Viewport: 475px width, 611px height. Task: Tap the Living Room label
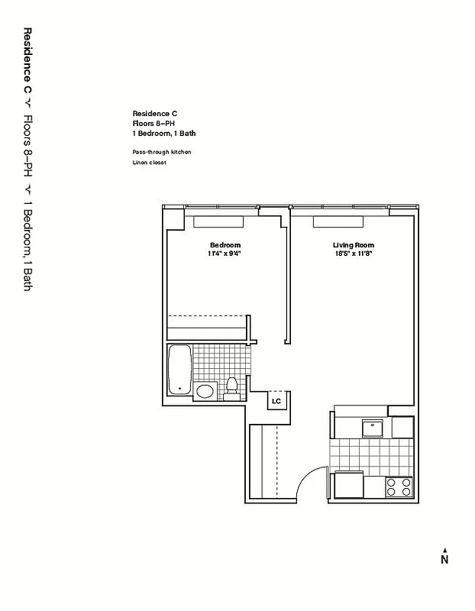[353, 245]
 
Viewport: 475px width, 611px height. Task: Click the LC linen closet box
[276, 400]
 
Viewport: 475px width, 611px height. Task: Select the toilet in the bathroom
[232, 388]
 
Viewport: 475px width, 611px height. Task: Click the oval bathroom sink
[205, 392]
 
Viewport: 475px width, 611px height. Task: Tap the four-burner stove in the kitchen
[398, 487]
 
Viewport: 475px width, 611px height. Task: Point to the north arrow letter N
[444, 559]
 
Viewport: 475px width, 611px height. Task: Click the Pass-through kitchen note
[161, 152]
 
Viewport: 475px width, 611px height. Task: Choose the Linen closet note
[149, 162]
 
